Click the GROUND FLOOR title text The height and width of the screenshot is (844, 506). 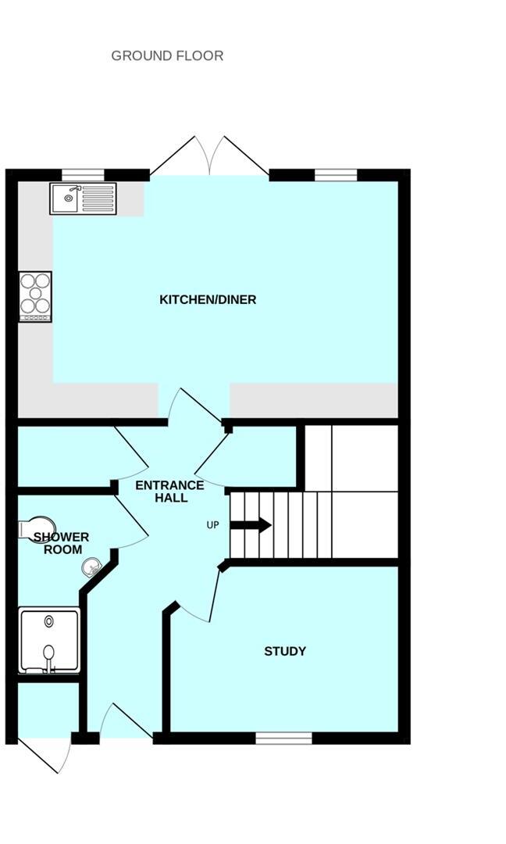coord(167,55)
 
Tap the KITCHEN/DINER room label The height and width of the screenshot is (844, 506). coord(208,300)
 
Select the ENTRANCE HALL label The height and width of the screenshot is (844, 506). coord(169,492)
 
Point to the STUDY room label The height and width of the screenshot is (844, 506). coord(285,651)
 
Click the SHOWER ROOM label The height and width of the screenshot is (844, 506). coord(61,543)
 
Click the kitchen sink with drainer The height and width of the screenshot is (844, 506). coord(83,198)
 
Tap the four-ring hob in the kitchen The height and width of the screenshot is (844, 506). coord(35,296)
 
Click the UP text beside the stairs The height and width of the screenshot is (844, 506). coord(212,525)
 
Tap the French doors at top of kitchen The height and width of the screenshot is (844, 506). coord(209,156)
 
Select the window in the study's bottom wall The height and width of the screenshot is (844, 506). coord(283,738)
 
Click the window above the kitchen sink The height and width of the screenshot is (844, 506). coord(83,174)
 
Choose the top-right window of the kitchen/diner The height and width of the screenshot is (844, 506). coord(335,174)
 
